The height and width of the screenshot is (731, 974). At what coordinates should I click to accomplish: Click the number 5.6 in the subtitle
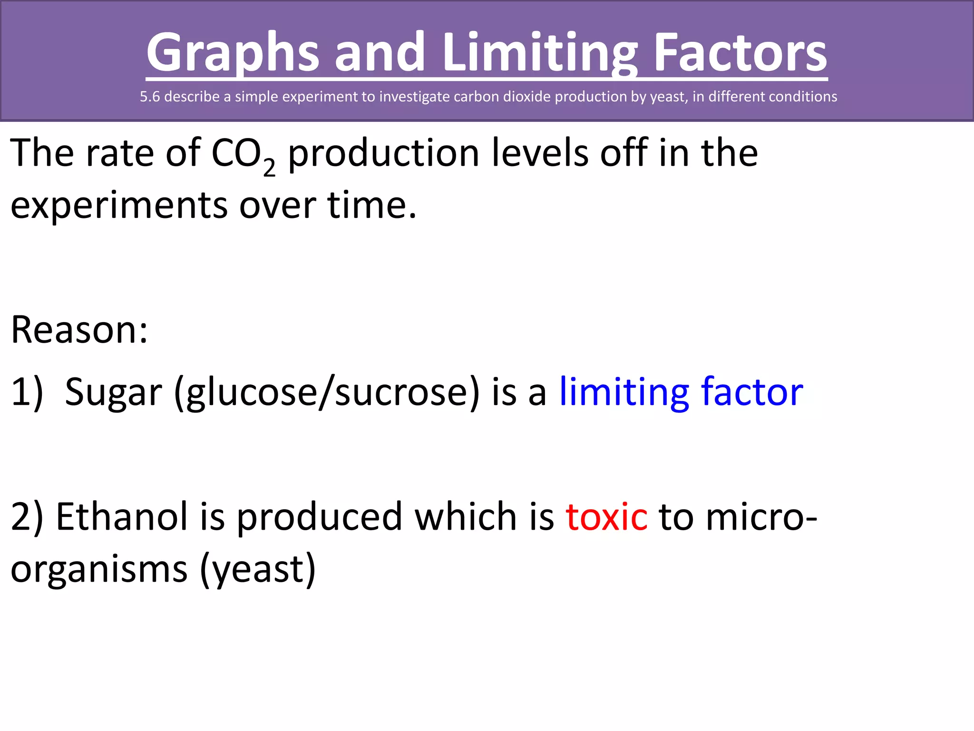pyautogui.click(x=150, y=97)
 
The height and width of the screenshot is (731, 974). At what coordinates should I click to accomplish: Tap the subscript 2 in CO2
pyautogui.click(x=269, y=168)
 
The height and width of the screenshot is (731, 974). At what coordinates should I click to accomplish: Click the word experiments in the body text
pyautogui.click(x=119, y=206)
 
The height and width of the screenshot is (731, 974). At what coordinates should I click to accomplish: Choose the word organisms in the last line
pyautogui.click(x=99, y=569)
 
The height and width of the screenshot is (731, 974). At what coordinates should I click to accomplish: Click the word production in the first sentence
pyautogui.click(x=384, y=153)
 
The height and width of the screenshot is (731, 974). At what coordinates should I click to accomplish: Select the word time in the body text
pyautogui.click(x=371, y=206)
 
